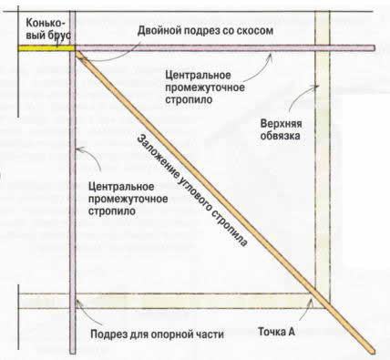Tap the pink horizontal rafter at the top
click(x=228, y=47)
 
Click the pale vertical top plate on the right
click(x=321, y=182)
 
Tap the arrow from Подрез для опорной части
click(x=79, y=319)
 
